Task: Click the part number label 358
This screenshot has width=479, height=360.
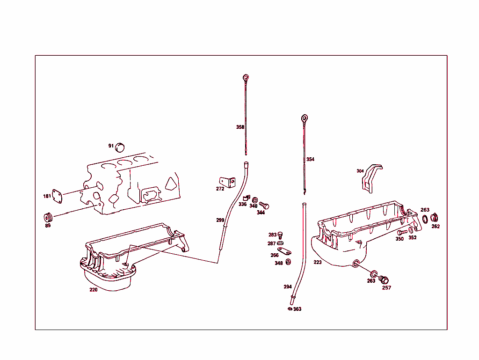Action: coord(240,127)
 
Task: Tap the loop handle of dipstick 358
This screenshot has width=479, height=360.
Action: coord(245,77)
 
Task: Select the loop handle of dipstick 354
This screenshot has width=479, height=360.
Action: coord(304,118)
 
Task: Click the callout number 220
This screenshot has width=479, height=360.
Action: coord(94,290)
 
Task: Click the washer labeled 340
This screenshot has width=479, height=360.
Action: coord(255,200)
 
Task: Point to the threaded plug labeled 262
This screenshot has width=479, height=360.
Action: coord(434,217)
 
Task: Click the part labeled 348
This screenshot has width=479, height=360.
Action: coord(289,262)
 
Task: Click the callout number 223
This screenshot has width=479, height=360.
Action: coord(318,262)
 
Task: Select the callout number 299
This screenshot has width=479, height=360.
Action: coord(220,220)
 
